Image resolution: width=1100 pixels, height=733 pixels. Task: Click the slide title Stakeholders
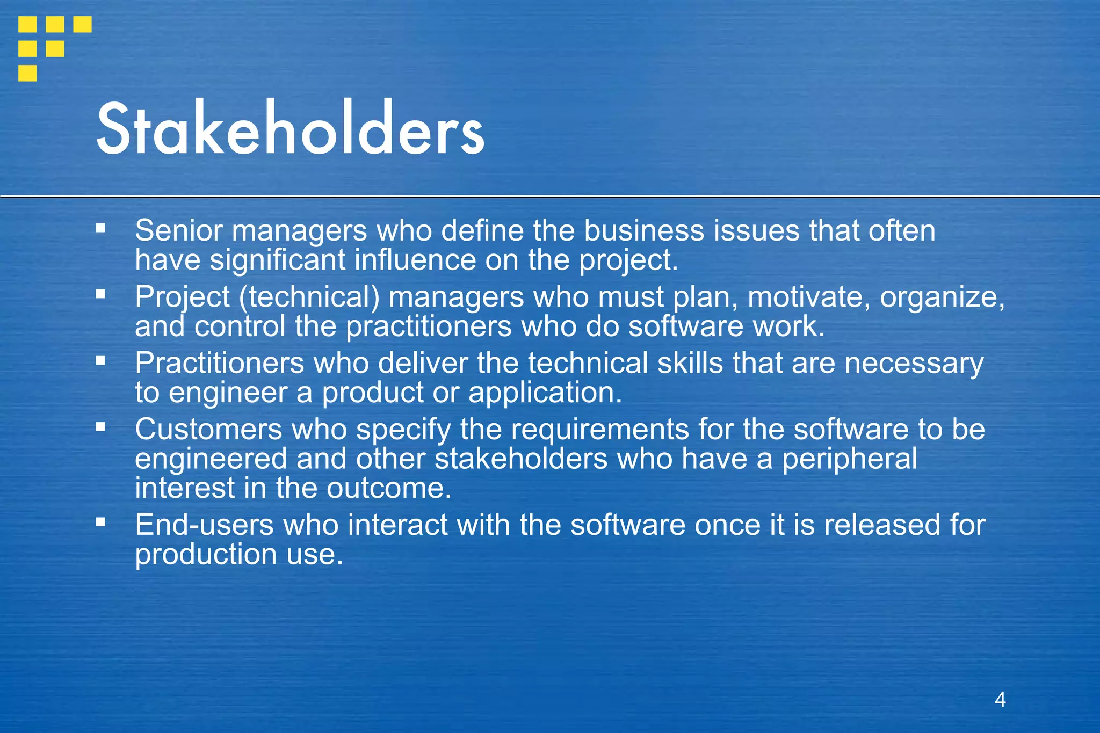pos(290,129)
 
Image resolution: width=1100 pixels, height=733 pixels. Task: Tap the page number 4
pos(1000,699)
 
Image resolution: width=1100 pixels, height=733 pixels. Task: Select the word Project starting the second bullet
pos(183,297)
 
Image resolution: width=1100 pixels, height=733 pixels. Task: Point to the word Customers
pos(208,430)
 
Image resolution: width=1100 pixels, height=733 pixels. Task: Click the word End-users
pos(204,525)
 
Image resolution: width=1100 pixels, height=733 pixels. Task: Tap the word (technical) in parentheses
pos(309,297)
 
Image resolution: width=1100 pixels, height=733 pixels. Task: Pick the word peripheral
pos(849,460)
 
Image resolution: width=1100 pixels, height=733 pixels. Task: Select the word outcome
pos(389,489)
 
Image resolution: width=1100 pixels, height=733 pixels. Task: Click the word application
pos(545,393)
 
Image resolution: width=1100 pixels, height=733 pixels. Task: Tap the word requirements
pos(599,430)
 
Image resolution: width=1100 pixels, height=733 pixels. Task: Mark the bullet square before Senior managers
pos(100,228)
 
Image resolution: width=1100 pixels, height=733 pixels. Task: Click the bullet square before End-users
pos(100,521)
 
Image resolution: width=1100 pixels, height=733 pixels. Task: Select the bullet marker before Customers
pos(100,427)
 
